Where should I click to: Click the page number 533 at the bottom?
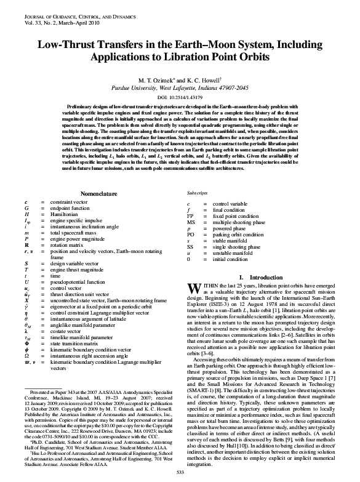pyautogui.click(x=180, y=472)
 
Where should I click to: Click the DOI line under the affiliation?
pyautogui.click(x=180, y=97)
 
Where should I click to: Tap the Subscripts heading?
pyautogui.click(x=198, y=193)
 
